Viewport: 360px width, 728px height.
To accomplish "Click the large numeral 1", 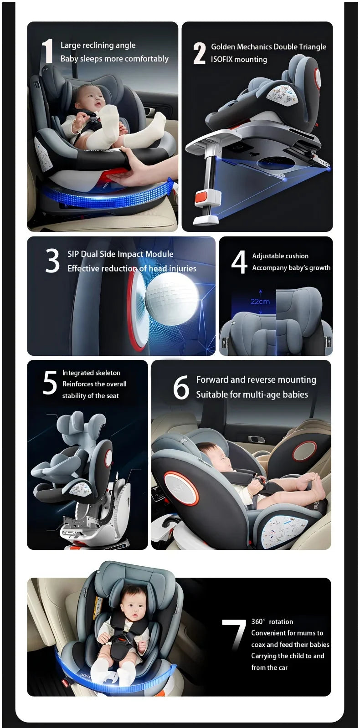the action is point(48,51).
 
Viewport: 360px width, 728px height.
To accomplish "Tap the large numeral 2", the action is point(199,53).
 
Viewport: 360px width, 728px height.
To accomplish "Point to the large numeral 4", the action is point(239,262).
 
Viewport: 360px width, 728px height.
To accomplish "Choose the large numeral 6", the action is point(181,387).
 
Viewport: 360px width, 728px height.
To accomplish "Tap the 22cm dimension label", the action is point(260,302).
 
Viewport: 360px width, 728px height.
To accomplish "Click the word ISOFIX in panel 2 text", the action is point(222,60).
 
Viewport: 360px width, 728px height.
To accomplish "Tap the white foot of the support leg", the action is point(206,220).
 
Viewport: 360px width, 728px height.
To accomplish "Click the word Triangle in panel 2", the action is point(312,47).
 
